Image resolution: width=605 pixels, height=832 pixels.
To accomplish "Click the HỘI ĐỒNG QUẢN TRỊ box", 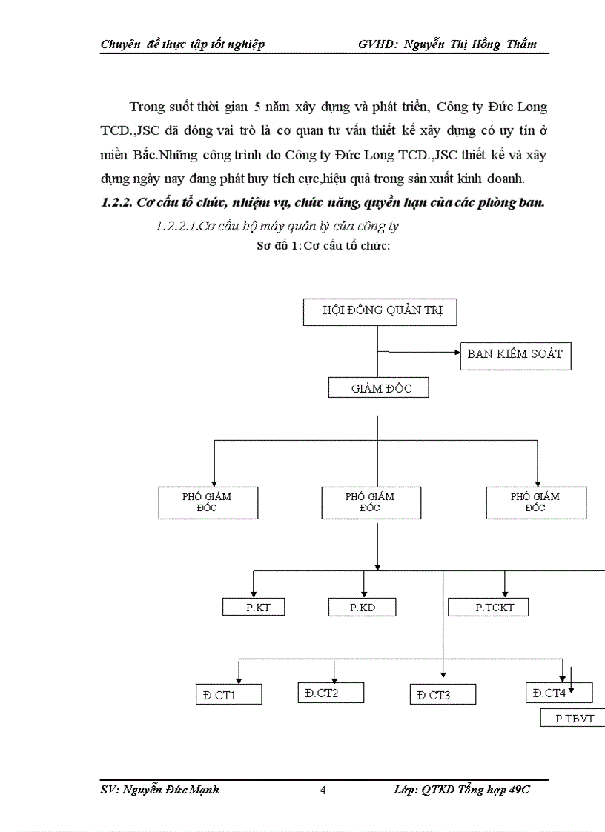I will [380, 311].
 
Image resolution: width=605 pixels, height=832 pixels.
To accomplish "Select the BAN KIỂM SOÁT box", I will [515, 354].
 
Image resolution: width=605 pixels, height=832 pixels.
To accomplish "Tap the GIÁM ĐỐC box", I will [378, 388].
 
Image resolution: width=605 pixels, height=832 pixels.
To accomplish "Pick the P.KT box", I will [254, 607].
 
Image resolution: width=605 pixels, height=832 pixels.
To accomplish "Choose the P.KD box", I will [362, 607].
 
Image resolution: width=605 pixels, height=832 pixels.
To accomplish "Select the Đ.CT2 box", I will [331, 692].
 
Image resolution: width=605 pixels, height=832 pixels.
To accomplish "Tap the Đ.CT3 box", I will [443, 694].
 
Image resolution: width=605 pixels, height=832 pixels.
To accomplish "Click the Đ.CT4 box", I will [557, 692].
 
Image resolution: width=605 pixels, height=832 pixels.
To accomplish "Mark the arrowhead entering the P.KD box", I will [363, 593].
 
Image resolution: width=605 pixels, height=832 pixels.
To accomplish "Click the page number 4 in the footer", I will [323, 790].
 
